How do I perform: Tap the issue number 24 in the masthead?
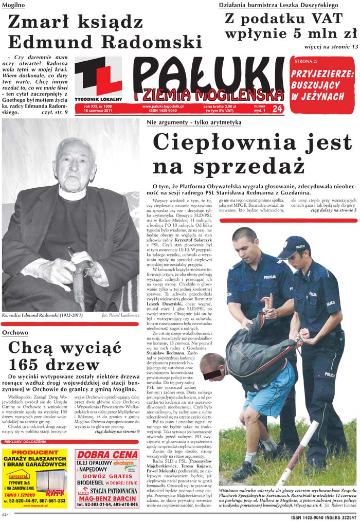pyautogui.click(x=278, y=109)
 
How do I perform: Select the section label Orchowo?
pyautogui.click(x=15, y=333)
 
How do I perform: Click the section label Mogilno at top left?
pyautogui.click(x=14, y=5)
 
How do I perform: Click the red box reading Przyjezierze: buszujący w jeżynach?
pyautogui.click(x=322, y=85)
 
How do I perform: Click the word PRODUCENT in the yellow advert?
pyautogui.click(x=34, y=453)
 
